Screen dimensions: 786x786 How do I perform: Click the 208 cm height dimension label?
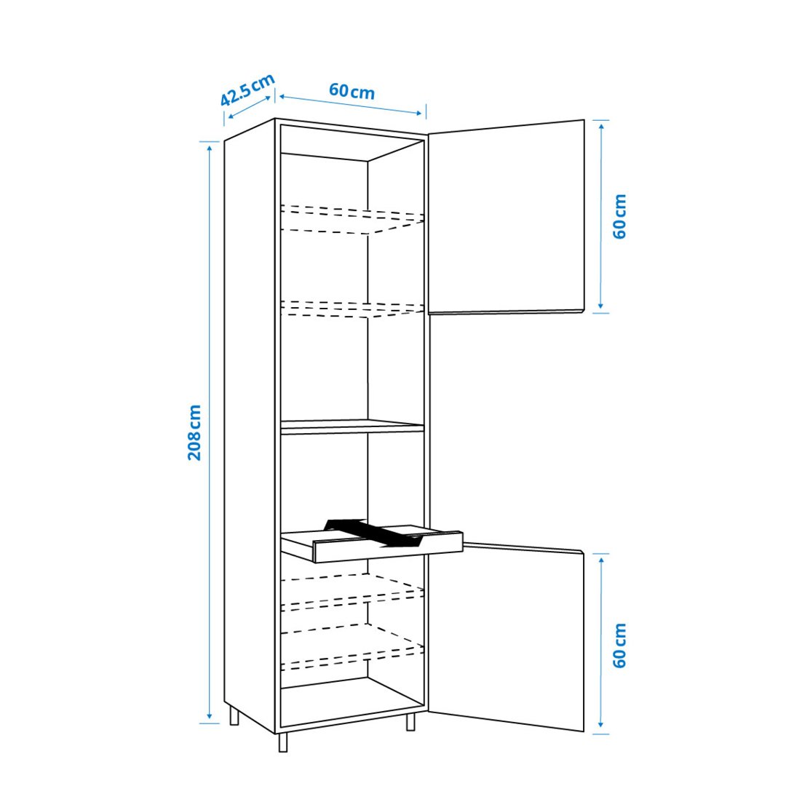[x=194, y=432]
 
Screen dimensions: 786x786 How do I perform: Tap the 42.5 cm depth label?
[x=247, y=90]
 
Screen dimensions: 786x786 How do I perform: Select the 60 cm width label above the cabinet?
[x=352, y=92]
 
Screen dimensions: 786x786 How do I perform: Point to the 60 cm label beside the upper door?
[x=619, y=216]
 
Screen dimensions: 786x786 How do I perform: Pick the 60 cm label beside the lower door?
[x=619, y=645]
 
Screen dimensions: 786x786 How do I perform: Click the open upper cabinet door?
[x=507, y=217]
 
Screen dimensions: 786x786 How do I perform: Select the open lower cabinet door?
[x=507, y=637]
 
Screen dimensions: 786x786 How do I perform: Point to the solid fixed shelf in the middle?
[x=352, y=426]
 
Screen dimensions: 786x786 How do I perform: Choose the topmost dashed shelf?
[x=352, y=219]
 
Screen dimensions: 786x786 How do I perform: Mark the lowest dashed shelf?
[x=352, y=648]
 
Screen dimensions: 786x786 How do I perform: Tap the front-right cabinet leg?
[x=410, y=722]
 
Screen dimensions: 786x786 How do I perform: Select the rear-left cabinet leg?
[x=234, y=716]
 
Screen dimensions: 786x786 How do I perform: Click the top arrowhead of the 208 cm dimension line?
[x=210, y=146]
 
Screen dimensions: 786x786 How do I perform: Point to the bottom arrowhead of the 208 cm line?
[x=210, y=718]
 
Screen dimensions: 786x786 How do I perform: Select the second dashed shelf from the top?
[x=352, y=309]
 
